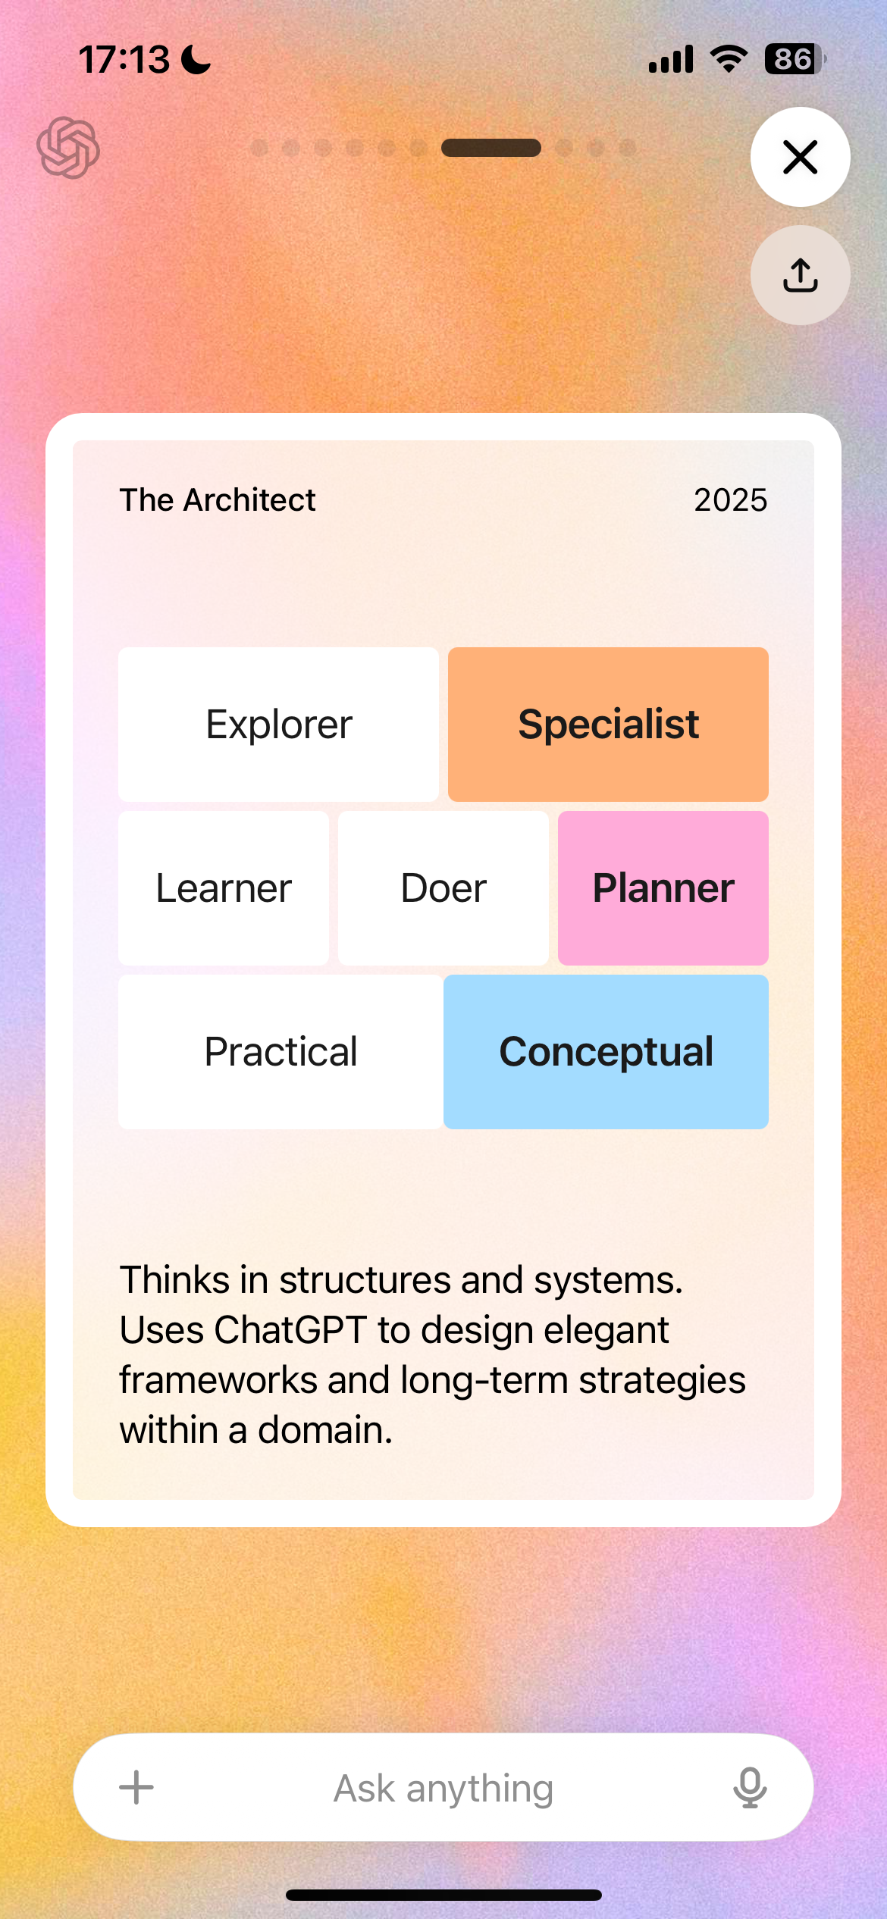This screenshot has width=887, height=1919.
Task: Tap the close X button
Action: click(800, 157)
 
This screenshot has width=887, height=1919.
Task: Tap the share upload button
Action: click(800, 275)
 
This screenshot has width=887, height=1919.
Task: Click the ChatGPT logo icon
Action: click(68, 148)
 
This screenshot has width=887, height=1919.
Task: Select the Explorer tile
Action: click(278, 724)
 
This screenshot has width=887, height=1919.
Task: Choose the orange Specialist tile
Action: click(608, 724)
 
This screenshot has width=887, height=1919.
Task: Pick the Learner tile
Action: click(224, 888)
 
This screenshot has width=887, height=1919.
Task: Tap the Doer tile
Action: click(443, 888)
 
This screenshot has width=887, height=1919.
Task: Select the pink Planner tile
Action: click(663, 888)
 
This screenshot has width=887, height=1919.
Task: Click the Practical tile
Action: click(281, 1052)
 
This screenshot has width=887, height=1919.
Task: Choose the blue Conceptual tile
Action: click(606, 1052)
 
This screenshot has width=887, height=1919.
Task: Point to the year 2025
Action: click(731, 500)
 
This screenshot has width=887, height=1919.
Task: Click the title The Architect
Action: click(218, 500)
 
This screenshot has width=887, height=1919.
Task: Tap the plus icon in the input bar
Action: click(136, 1788)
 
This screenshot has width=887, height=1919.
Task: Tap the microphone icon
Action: click(750, 1788)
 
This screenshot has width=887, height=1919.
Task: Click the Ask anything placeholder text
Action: click(443, 1789)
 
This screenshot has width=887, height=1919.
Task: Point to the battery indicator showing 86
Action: click(795, 59)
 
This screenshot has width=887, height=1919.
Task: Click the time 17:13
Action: click(124, 59)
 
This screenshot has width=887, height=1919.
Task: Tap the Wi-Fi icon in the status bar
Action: click(729, 58)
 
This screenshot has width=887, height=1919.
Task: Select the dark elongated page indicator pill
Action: click(491, 148)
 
